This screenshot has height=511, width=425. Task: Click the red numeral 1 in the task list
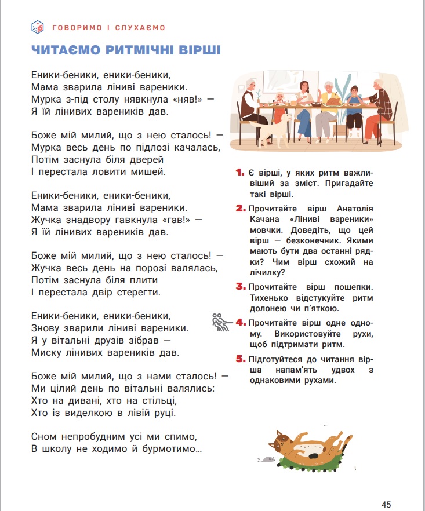pos(239,173)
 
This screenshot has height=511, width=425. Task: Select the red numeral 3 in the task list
pos(240,287)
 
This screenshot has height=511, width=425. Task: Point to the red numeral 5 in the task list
pos(240,359)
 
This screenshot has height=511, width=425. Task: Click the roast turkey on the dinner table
pos(334,101)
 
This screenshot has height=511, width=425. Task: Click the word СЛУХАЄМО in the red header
pos(140,27)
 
